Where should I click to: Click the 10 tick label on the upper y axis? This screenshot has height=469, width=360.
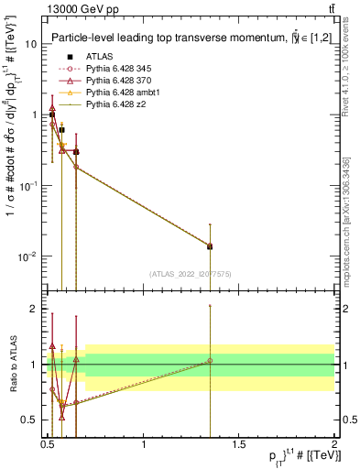(30, 44)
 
